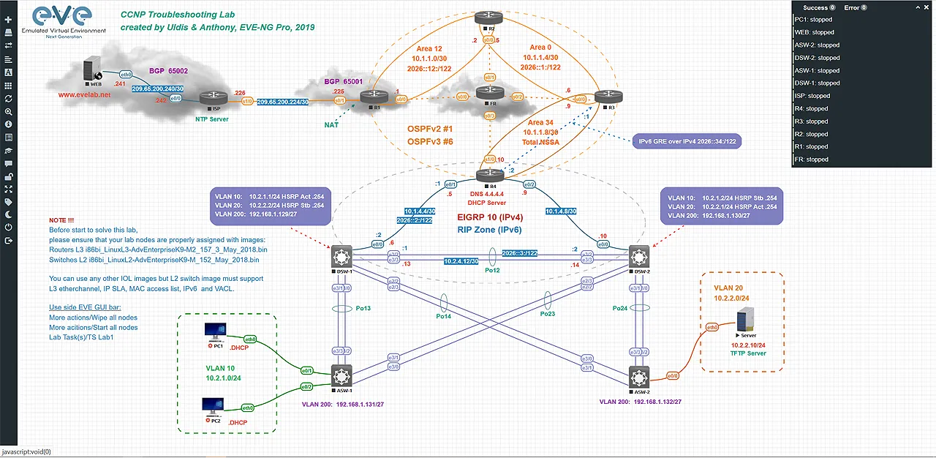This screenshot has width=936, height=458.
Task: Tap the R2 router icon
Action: tap(484, 18)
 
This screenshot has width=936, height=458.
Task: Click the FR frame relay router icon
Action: tap(486, 95)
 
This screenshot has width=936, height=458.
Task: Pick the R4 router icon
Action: tap(486, 176)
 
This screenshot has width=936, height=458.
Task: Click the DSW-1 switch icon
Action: tap(341, 256)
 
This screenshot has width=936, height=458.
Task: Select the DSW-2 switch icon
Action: tap(641, 256)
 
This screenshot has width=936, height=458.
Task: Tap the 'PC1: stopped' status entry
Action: tap(814, 20)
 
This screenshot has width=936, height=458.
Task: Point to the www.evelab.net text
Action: tap(85, 94)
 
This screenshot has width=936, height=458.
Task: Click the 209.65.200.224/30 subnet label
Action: tap(282, 102)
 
